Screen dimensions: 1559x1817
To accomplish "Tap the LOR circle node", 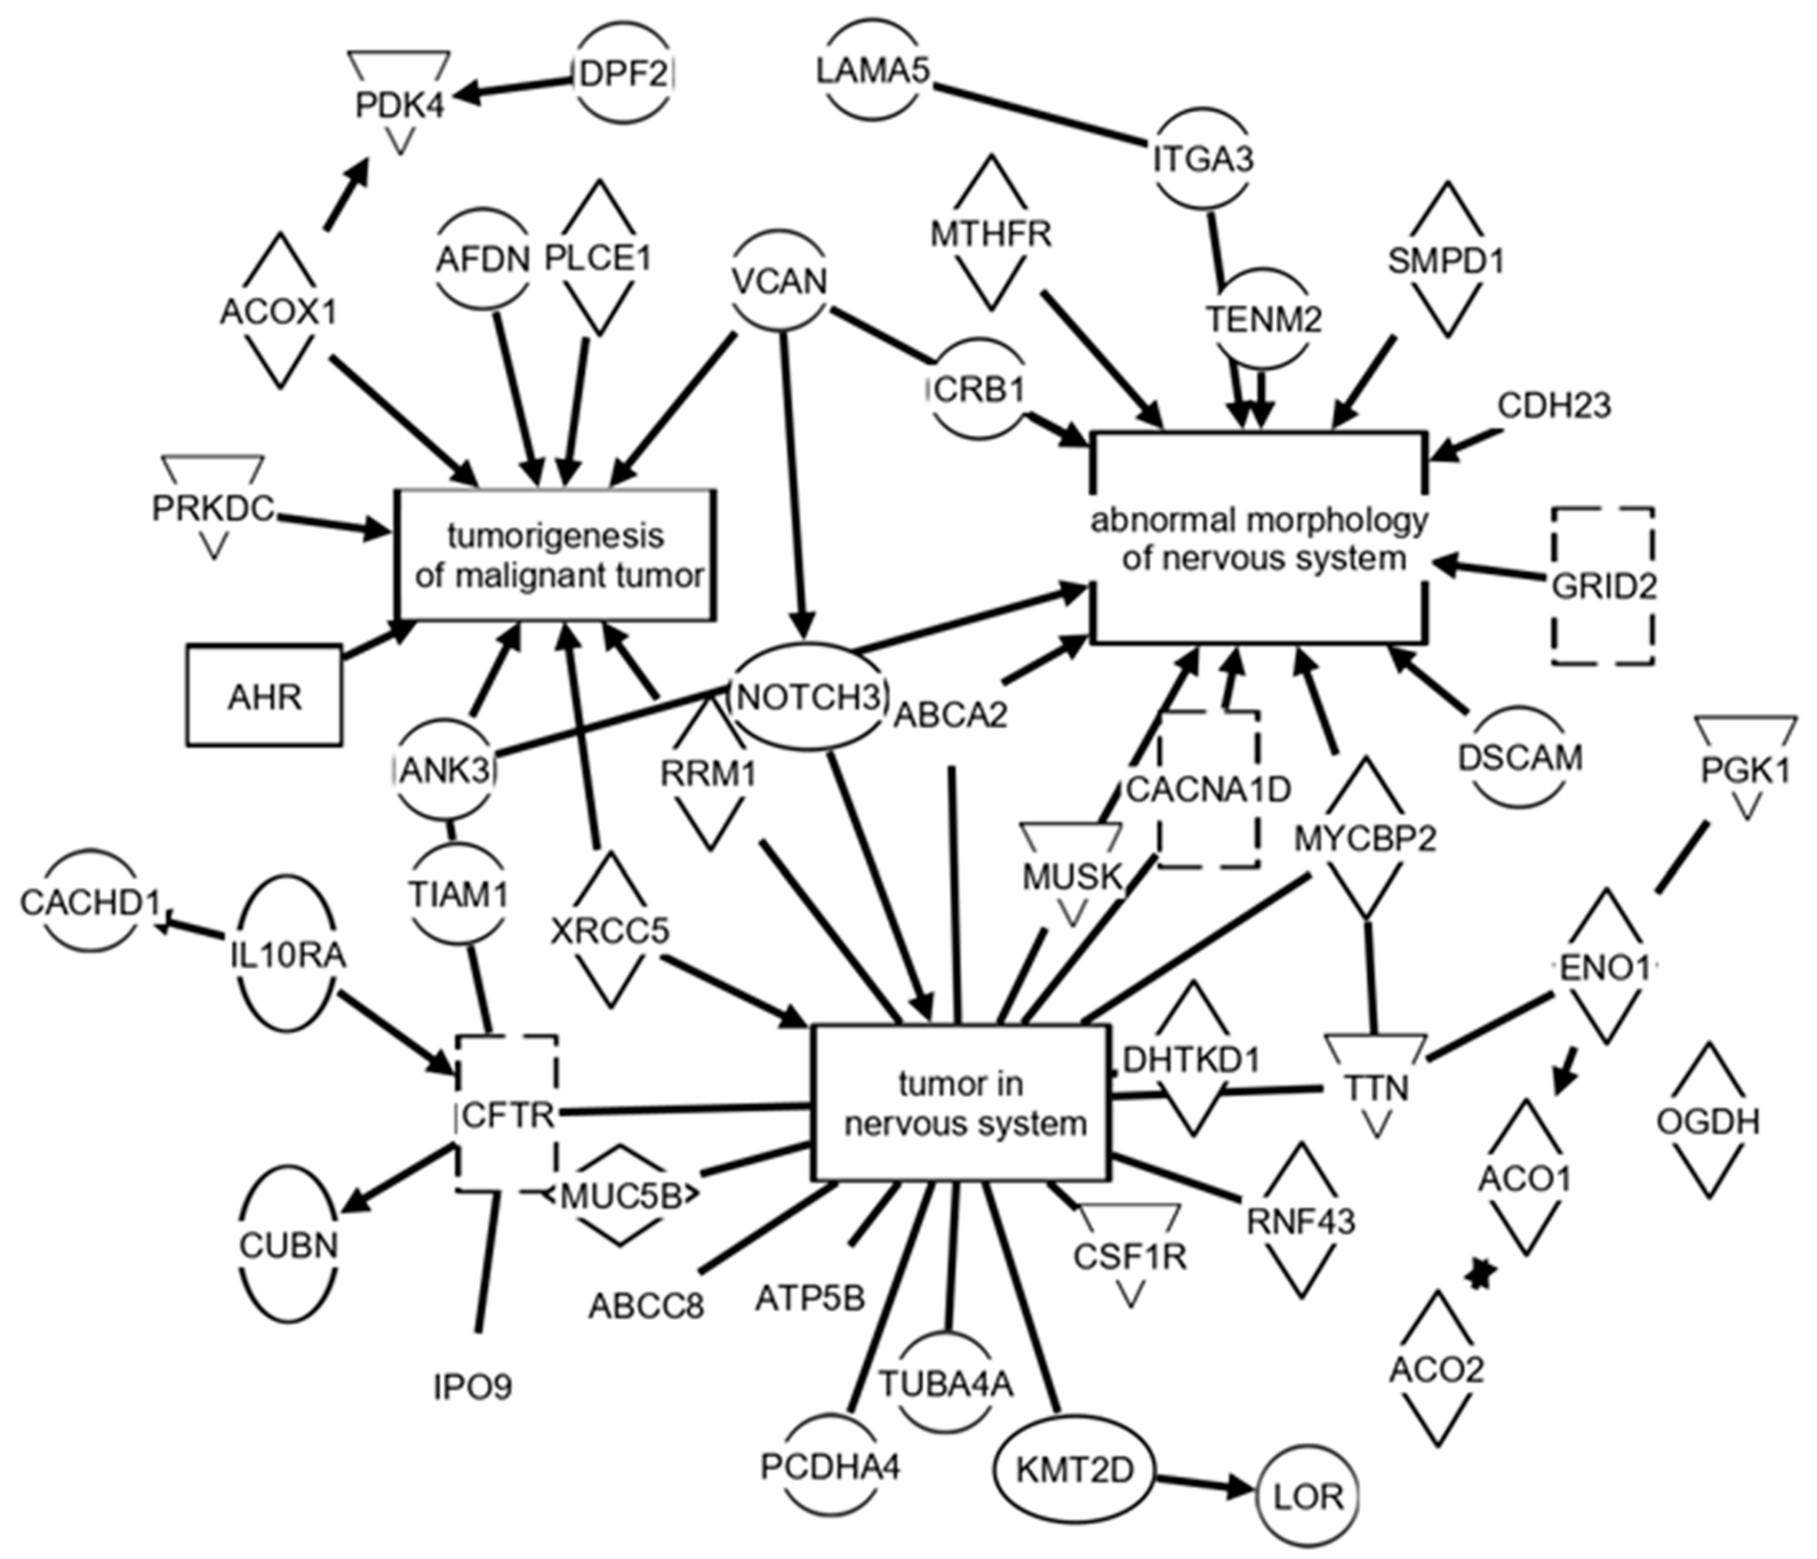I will coord(1310,1495).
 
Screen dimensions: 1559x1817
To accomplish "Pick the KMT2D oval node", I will coord(1074,1470).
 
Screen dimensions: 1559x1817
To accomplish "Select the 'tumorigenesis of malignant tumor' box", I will coord(557,555).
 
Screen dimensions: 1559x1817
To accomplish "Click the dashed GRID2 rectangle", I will coord(1603,585).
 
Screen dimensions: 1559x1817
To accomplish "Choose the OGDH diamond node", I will coord(1708,1121).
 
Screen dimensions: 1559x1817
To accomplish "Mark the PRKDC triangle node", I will coord(213,507).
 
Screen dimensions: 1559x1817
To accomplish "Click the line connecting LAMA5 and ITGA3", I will coord(1039,114).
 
